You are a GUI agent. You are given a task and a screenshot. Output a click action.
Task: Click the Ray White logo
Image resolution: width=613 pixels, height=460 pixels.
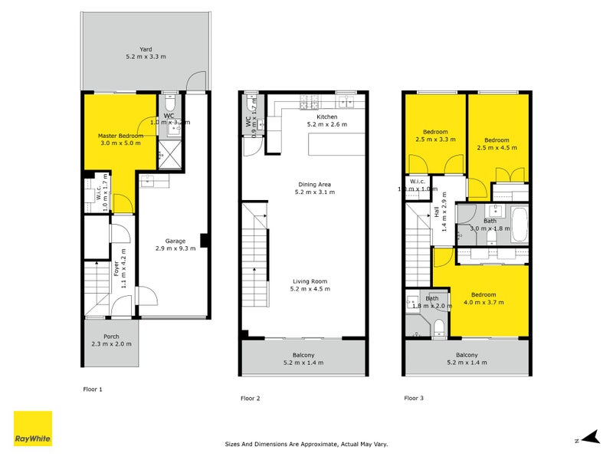[33, 429]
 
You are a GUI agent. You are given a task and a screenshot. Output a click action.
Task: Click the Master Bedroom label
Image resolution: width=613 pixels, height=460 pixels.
[120, 136]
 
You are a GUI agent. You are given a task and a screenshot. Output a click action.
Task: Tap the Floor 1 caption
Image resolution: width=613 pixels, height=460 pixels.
[92, 389]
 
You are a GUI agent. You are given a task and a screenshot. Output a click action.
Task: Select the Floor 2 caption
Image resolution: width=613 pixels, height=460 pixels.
[251, 398]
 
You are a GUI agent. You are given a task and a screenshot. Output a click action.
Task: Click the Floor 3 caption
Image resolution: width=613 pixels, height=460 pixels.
[415, 398]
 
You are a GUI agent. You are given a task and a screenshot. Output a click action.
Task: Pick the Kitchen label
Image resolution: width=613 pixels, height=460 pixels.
[326, 117]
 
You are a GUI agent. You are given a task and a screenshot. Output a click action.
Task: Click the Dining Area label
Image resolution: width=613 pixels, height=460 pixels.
[316, 184]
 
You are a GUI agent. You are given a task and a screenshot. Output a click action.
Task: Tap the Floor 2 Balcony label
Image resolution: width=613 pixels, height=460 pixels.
[304, 355]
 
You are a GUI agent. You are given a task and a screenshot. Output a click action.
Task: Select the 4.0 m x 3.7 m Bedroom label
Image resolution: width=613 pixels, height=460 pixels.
[484, 295]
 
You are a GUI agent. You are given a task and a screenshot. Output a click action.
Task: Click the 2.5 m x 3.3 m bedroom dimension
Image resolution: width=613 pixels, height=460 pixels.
[436, 140]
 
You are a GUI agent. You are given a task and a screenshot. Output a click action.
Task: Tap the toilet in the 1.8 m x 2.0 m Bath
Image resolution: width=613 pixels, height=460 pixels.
[438, 328]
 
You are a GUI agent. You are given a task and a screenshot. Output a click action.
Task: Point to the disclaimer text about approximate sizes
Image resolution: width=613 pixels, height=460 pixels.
[305, 443]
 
